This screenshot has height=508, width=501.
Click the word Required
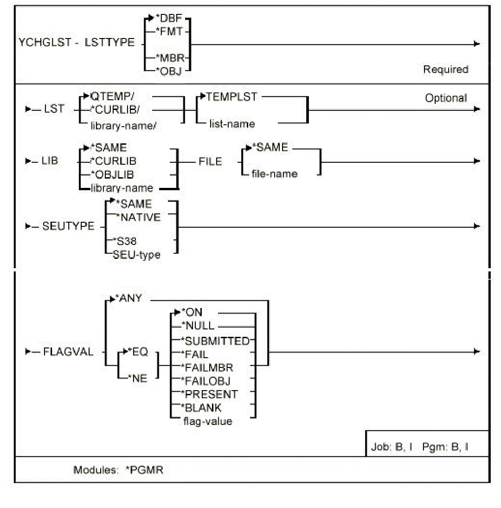445,70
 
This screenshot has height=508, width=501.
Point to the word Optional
446,98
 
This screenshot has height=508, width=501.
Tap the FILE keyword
210,162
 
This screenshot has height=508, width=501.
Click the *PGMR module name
145,470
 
